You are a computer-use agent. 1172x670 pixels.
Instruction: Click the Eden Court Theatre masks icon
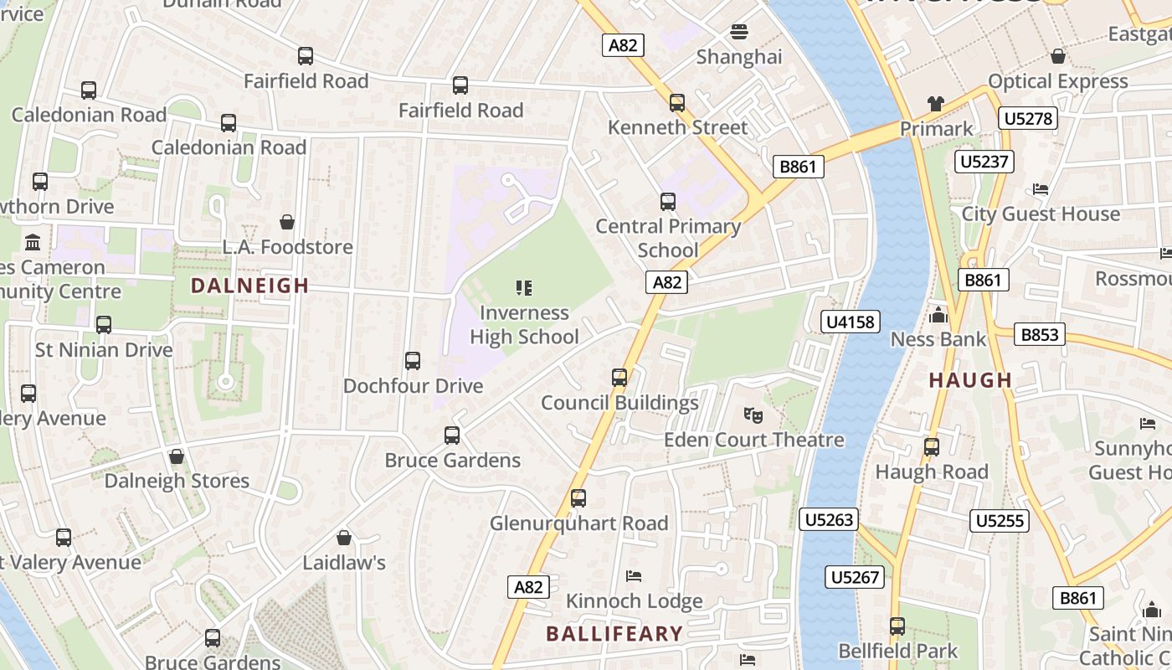pos(753,415)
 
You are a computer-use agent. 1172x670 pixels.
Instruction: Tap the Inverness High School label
pos(524,325)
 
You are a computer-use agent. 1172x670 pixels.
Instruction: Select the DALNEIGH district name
pos(249,286)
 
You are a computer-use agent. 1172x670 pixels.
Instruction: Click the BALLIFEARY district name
pos(614,633)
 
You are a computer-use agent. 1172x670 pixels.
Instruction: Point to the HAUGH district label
pos(970,380)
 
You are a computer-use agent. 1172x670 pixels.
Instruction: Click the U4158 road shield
pos(850,322)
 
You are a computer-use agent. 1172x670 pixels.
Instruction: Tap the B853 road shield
pos(1040,335)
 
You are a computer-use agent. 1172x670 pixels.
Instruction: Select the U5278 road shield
pos(1027,118)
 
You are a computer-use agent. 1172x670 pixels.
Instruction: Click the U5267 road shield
pos(855,577)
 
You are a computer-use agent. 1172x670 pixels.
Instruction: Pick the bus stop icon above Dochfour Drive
pos(413,361)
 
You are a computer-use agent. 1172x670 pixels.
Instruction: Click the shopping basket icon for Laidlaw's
pos(343,538)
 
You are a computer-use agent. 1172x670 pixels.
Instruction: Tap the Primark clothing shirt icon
pos(935,104)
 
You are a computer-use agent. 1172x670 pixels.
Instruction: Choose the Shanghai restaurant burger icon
pos(738,32)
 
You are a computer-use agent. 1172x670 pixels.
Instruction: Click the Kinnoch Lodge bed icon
pos(634,576)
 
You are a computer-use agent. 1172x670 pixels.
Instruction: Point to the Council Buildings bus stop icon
pos(619,378)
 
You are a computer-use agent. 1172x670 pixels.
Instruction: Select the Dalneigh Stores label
pos(177,481)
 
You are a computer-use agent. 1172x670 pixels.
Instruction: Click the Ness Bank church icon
pos(938,315)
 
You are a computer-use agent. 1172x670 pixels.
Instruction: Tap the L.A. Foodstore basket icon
pos(287,222)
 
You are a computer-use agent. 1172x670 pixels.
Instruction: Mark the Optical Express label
pos(1058,81)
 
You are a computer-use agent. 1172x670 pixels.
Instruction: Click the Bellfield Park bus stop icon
pos(897,626)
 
